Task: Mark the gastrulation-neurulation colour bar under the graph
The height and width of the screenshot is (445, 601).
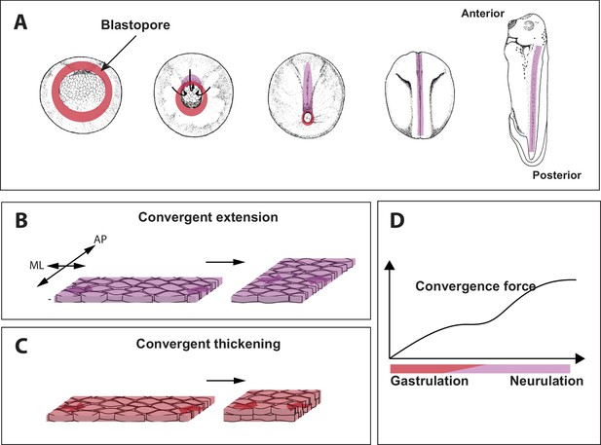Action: click(479, 367)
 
